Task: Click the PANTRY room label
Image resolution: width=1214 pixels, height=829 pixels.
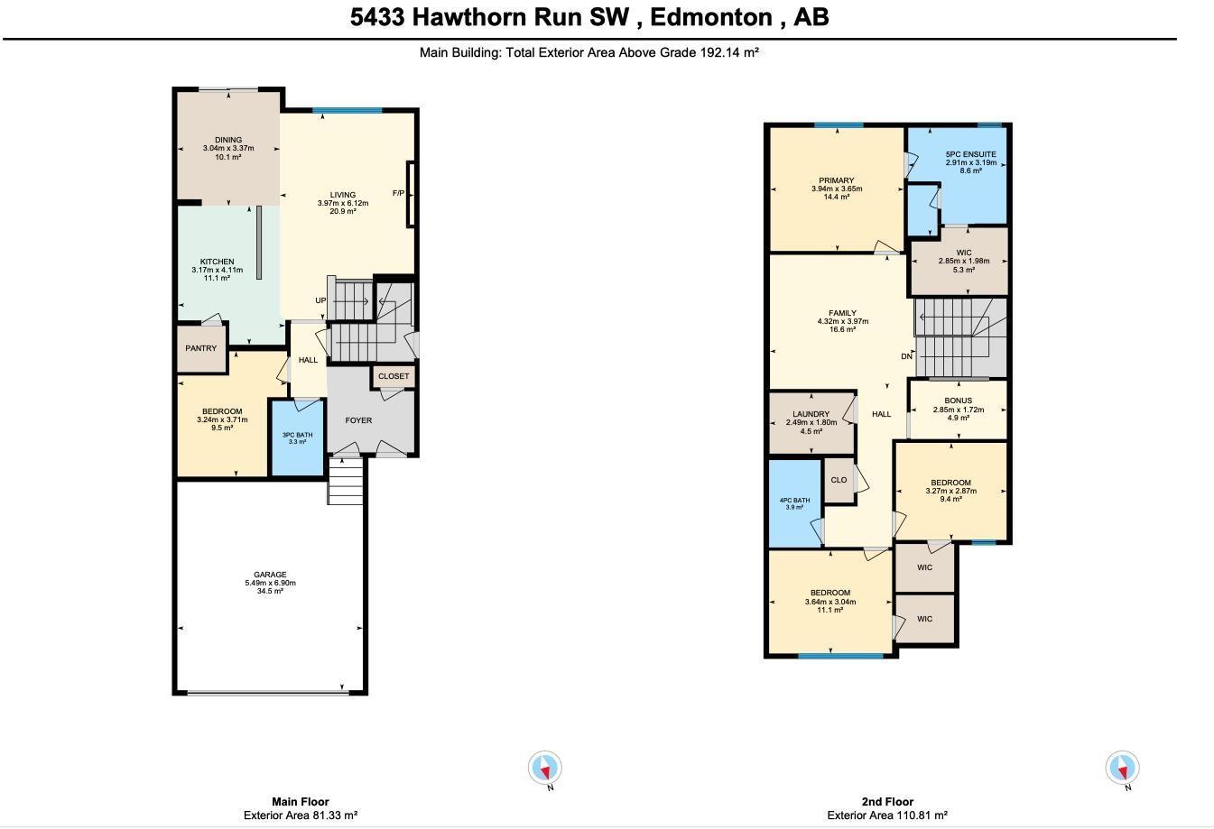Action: point(201,348)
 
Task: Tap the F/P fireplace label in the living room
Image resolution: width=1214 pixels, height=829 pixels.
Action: point(398,193)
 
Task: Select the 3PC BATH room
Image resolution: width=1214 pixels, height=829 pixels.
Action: point(297,438)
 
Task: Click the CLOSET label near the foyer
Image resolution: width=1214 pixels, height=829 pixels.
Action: point(394,376)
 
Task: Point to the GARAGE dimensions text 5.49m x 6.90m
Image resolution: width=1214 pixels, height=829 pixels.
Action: point(270,583)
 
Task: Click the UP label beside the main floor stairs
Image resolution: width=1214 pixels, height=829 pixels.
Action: point(320,300)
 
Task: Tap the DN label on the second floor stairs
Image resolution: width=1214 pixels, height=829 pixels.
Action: point(906,356)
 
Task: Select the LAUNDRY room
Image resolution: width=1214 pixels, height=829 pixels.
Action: point(811,422)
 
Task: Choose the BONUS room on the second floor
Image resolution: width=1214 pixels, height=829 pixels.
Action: point(958,409)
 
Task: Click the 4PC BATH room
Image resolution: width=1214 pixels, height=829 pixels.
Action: point(794,503)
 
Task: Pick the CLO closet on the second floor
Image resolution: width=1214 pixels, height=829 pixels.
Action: point(839,480)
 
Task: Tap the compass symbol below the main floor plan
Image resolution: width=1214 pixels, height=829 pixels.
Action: point(545,769)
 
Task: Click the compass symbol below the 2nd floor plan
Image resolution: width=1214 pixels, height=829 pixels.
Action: point(1123,769)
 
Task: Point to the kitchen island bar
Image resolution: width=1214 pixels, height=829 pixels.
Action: point(259,242)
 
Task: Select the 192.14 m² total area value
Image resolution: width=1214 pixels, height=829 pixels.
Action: point(728,52)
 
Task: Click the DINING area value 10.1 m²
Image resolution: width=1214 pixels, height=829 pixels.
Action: point(228,157)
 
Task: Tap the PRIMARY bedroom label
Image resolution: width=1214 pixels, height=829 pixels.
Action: point(837,180)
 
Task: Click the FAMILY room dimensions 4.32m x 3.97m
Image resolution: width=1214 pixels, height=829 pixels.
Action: point(842,321)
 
